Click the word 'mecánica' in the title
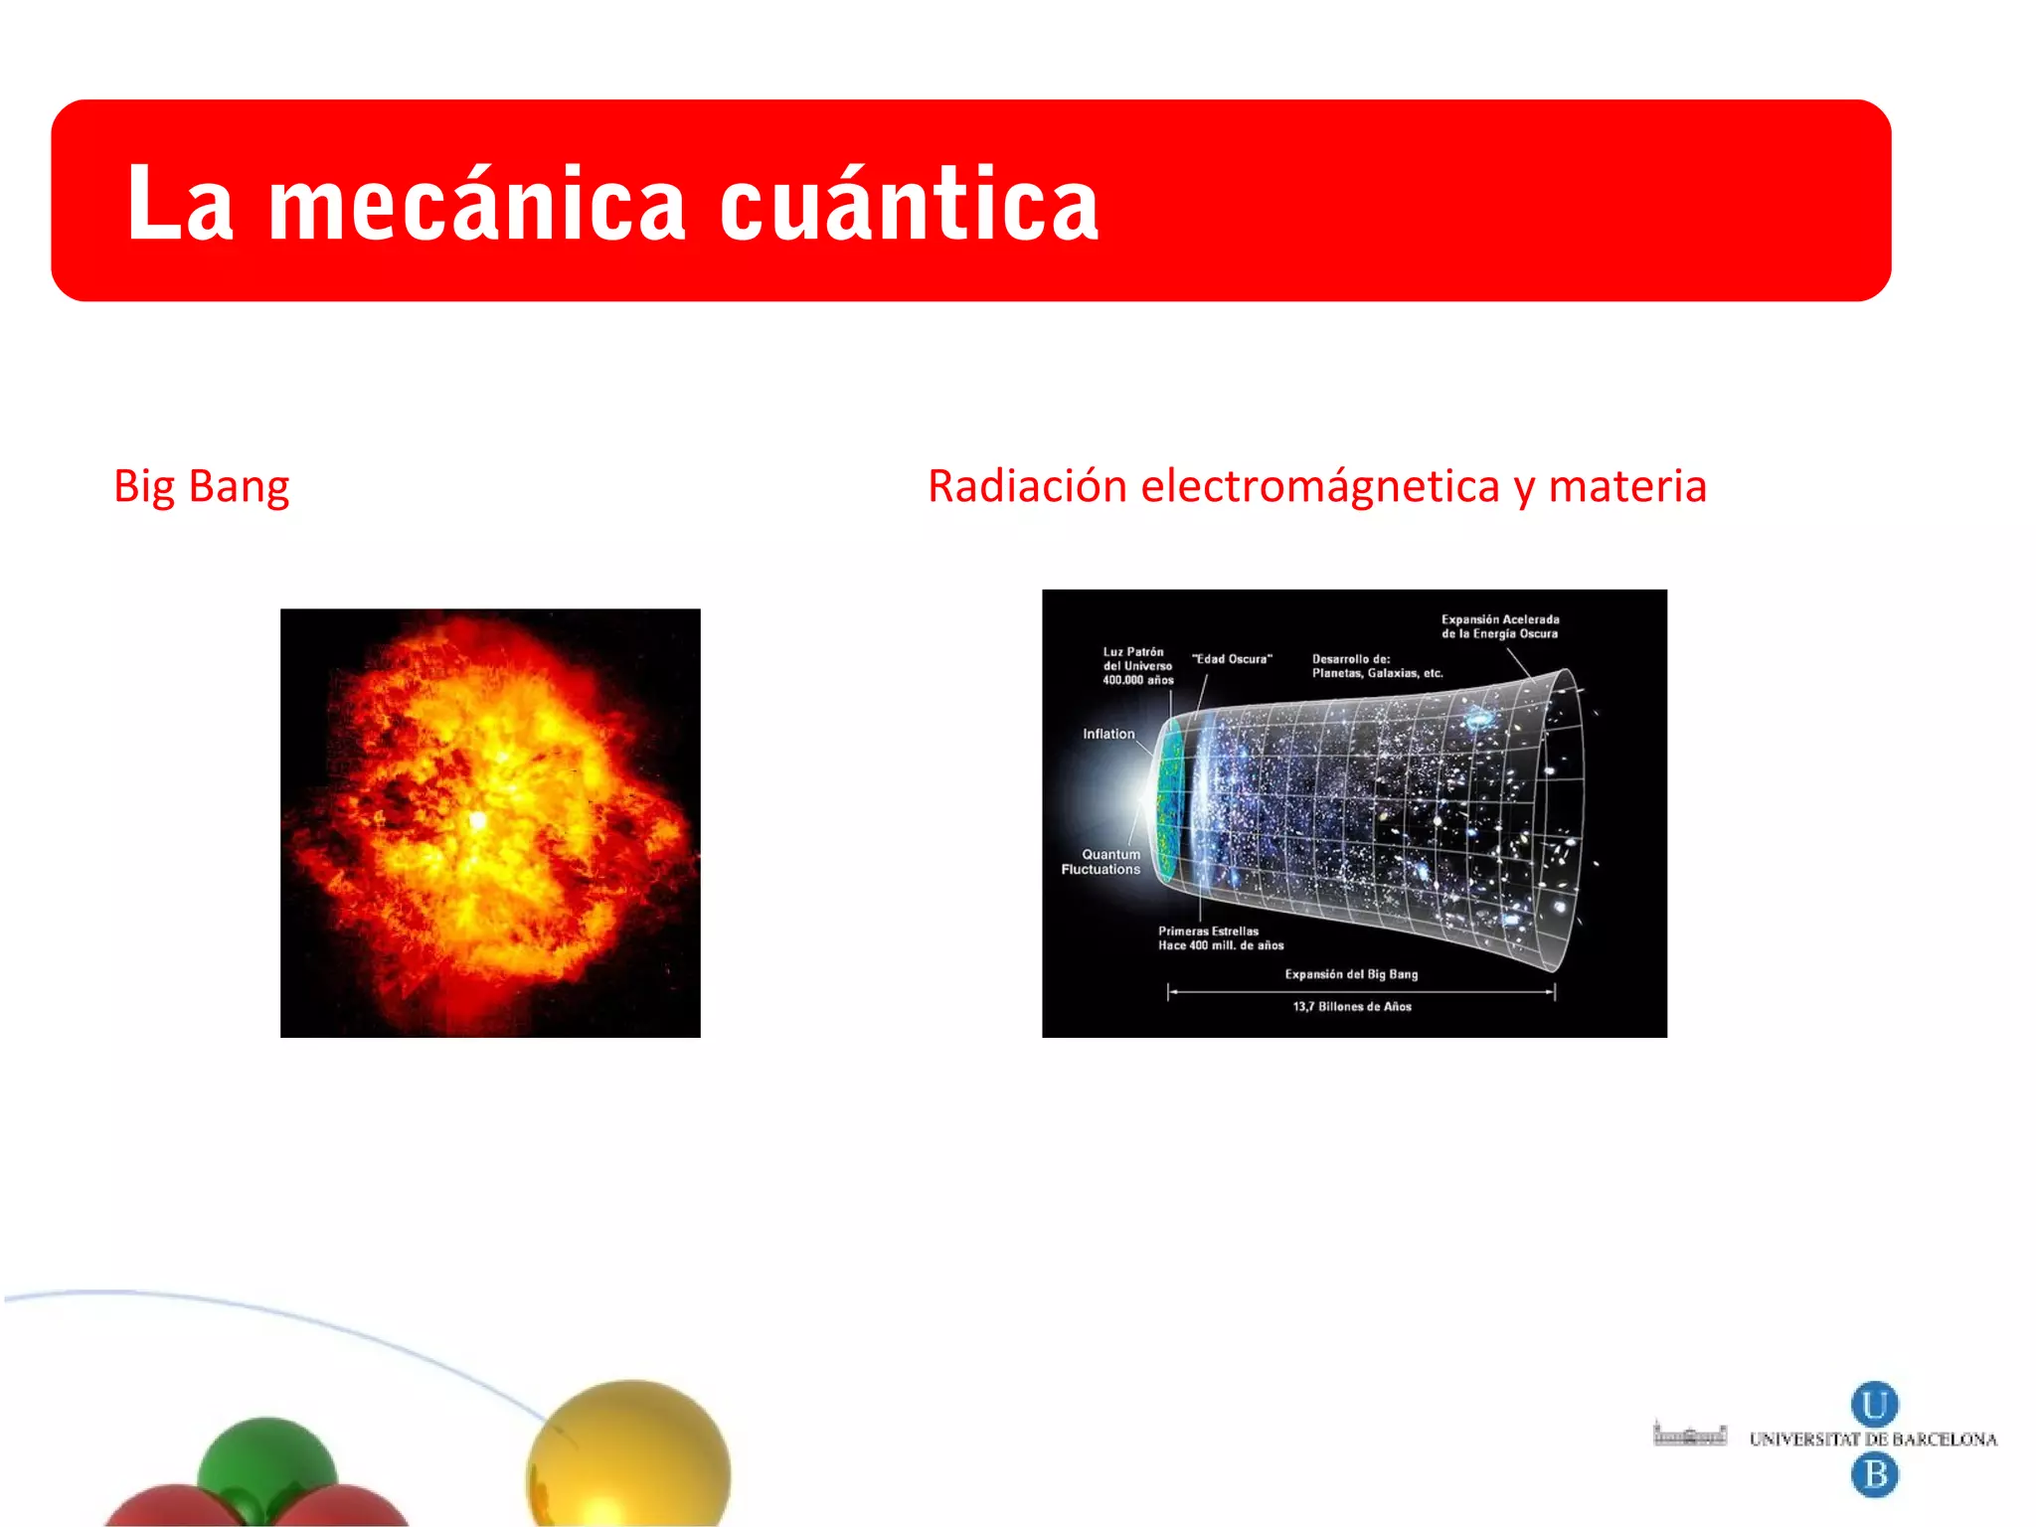[477, 205]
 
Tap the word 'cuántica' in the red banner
[909, 205]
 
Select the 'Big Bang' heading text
[202, 487]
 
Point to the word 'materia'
[1627, 487]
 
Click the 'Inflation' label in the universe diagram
[1108, 734]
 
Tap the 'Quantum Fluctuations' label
[1102, 862]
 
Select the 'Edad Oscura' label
[1232, 659]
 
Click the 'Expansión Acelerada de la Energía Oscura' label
[1500, 626]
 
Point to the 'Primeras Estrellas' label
[1209, 932]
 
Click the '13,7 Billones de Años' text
[1352, 1007]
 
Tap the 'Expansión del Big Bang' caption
[1351, 974]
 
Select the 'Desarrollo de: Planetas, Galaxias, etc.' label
[1377, 666]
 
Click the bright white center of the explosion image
[478, 820]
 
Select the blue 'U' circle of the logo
[1874, 1405]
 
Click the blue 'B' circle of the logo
[1874, 1473]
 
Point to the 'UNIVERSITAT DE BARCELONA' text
[1873, 1440]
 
